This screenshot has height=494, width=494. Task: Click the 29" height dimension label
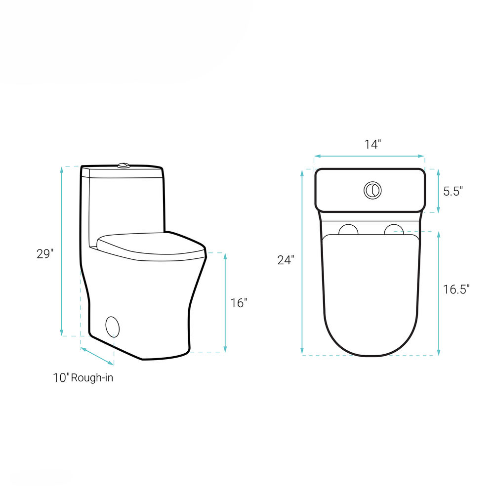[45, 253]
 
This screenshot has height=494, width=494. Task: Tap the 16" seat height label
[239, 303]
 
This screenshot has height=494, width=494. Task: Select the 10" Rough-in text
[83, 377]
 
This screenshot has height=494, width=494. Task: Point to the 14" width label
[372, 144]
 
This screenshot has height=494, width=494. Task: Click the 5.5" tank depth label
[453, 191]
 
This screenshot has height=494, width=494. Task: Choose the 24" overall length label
[286, 260]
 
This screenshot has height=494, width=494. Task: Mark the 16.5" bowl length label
[456, 289]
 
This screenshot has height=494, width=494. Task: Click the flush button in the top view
[372, 191]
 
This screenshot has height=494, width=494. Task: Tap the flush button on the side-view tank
[123, 165]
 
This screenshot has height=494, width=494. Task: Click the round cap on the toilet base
[113, 326]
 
